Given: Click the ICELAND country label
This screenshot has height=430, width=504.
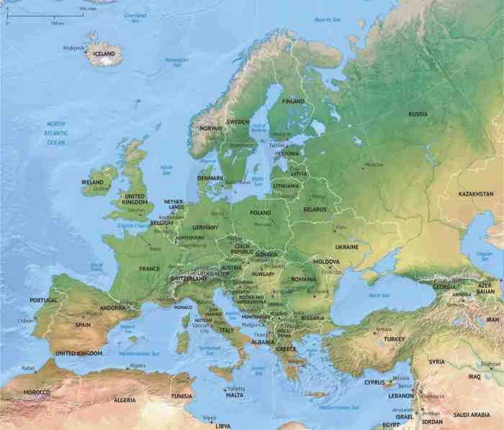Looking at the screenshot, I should click(104, 53).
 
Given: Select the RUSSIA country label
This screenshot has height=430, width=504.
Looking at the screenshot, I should click(418, 114).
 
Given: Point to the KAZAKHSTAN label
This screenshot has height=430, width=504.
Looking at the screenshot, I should click(476, 194).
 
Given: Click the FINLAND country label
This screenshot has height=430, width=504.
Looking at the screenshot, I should click(293, 101).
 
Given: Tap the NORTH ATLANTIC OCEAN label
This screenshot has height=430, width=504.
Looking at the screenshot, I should click(56, 133).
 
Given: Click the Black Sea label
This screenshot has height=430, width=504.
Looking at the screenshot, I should click(379, 296).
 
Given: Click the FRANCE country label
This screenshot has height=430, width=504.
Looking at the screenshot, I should click(150, 268).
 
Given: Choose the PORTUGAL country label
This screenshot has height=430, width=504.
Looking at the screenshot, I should click(43, 300).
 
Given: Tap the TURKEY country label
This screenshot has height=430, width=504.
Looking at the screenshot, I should click(395, 339).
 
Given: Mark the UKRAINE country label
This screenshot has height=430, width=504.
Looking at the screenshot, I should click(346, 247).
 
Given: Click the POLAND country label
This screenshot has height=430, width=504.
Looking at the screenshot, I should click(261, 213).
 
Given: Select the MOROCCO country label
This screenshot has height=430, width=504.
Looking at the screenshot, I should click(36, 392).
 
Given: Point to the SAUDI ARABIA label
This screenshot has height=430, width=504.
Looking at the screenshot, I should click(472, 415).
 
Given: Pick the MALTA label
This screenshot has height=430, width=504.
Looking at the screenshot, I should click(235, 395).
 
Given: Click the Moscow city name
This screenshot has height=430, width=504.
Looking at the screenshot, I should click(374, 165).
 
